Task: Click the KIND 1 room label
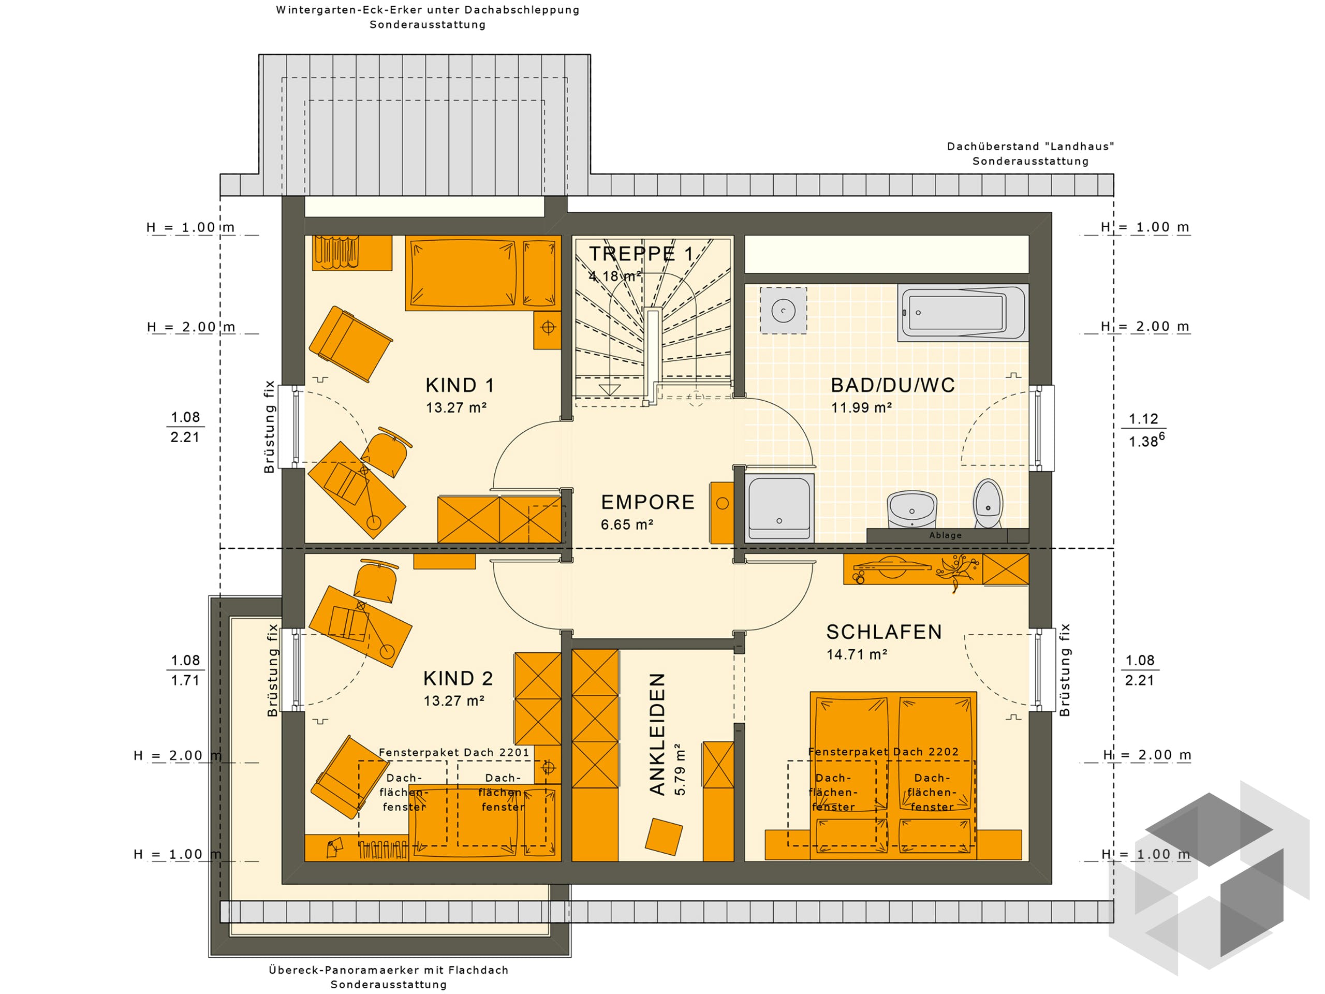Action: [x=460, y=385]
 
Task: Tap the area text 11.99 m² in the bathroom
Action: [x=861, y=408]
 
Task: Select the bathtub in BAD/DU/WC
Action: [x=962, y=312]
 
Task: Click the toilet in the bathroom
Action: [x=987, y=503]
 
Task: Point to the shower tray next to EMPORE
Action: [x=780, y=507]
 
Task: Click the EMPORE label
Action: [x=647, y=502]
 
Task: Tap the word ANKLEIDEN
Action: [x=658, y=734]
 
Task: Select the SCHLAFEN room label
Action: [x=884, y=632]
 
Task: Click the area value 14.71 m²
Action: [x=857, y=655]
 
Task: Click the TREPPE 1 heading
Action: [x=641, y=254]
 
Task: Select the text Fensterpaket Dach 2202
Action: [x=883, y=752]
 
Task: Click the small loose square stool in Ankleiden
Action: [x=663, y=837]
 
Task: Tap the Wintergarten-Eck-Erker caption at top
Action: [x=427, y=10]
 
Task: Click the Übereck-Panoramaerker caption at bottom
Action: [x=388, y=970]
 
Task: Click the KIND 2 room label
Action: [x=458, y=678]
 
